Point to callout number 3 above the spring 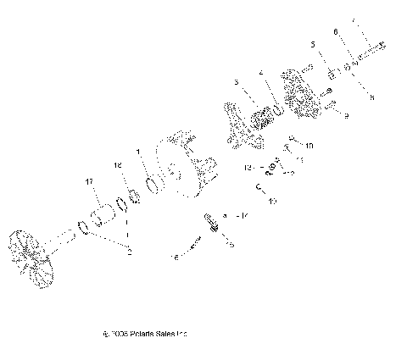(237, 83)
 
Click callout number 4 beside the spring (262, 73)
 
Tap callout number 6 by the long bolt (337, 31)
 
